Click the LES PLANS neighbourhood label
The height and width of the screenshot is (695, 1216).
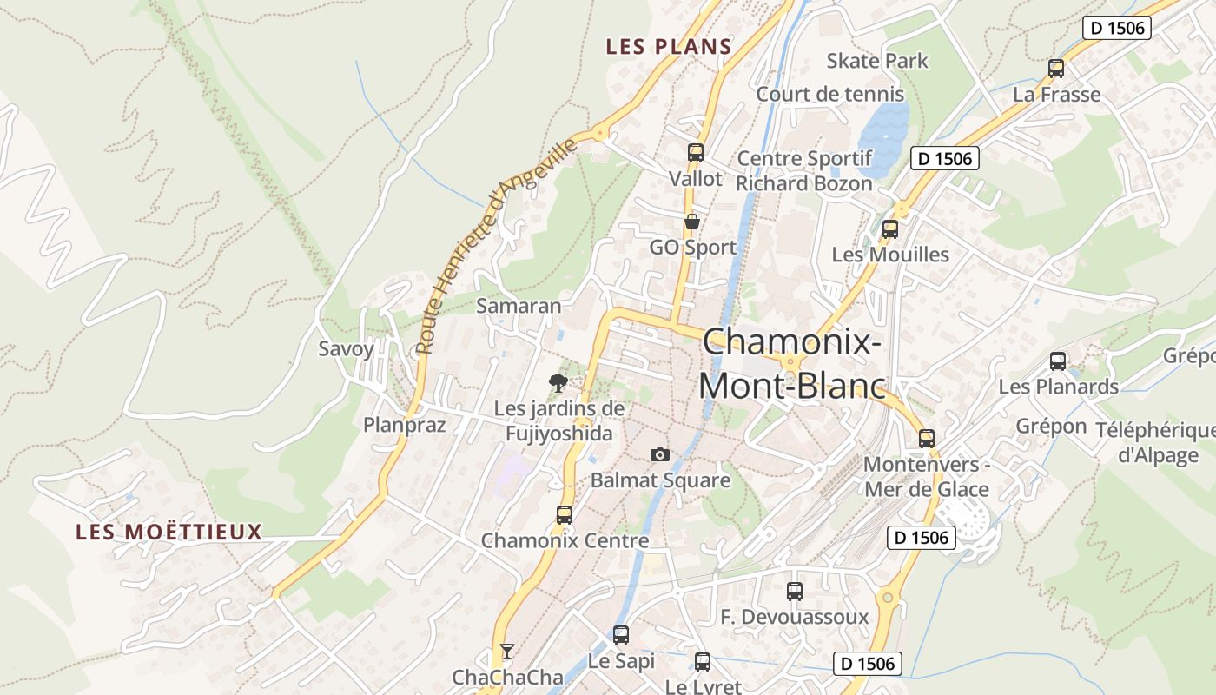pyautogui.click(x=669, y=46)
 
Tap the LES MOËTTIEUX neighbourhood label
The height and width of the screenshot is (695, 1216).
pyautogui.click(x=169, y=532)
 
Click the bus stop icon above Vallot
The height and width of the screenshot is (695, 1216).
pyautogui.click(x=695, y=153)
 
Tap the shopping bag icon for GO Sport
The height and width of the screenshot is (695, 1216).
pyautogui.click(x=692, y=222)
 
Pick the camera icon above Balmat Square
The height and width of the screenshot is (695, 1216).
pyautogui.click(x=660, y=454)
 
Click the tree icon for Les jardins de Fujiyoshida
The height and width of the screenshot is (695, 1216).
pyautogui.click(x=558, y=381)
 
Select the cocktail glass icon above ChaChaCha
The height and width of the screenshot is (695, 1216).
pyautogui.click(x=507, y=651)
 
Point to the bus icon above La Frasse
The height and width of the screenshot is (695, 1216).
pyautogui.click(x=1056, y=69)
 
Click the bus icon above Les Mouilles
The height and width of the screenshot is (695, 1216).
pyautogui.click(x=890, y=229)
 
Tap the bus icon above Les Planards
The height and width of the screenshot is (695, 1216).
pyautogui.click(x=1058, y=361)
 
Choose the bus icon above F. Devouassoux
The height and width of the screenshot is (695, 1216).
pyautogui.click(x=795, y=592)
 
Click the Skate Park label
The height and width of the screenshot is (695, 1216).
pyautogui.click(x=877, y=61)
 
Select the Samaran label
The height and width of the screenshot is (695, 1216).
pyautogui.click(x=519, y=306)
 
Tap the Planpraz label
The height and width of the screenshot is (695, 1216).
pyautogui.click(x=404, y=425)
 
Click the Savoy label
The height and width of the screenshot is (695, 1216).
pyautogui.click(x=346, y=349)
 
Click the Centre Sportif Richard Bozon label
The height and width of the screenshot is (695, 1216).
pyautogui.click(x=803, y=171)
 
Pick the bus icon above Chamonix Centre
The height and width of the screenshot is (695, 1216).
pyautogui.click(x=565, y=515)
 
